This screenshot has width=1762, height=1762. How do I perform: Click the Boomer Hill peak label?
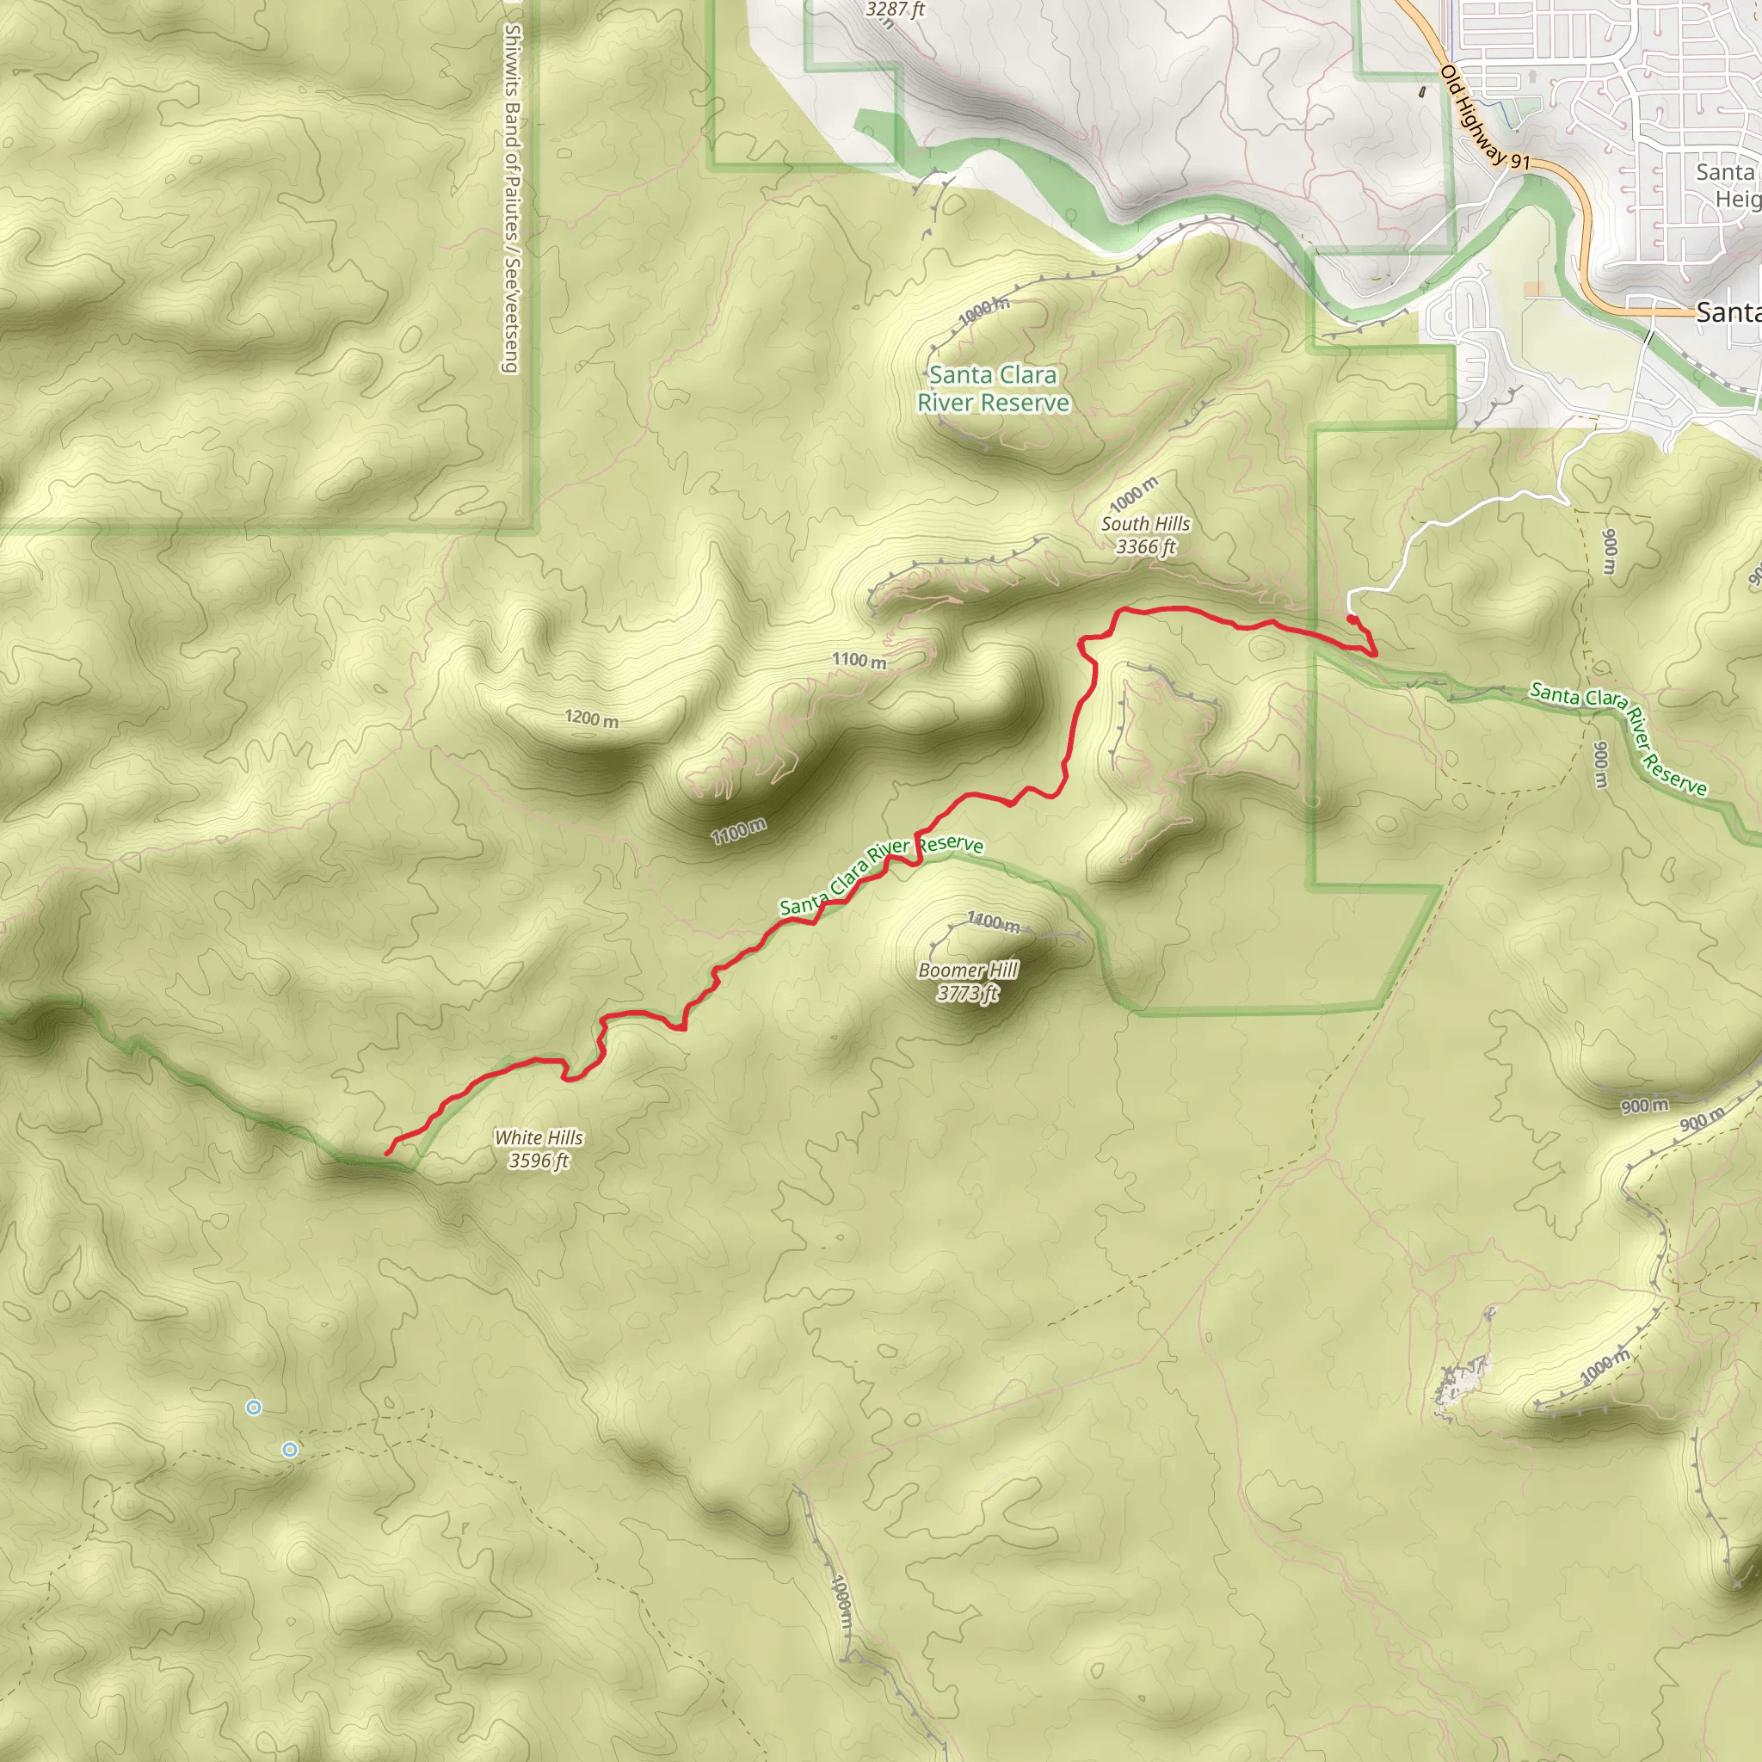click(968, 970)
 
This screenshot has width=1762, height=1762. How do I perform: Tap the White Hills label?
click(538, 1137)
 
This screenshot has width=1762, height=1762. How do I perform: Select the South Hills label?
click(1145, 523)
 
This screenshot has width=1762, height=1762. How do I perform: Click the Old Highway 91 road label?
click(1484, 117)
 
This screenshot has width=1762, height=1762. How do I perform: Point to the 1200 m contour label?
click(591, 718)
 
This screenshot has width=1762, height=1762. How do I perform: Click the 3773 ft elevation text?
click(968, 993)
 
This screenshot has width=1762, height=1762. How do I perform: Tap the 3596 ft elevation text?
click(538, 1161)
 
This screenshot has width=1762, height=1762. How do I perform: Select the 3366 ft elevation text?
click(1145, 546)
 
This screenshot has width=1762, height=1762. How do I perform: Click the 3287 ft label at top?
click(895, 10)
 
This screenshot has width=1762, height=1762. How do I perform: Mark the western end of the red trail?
click(388, 1154)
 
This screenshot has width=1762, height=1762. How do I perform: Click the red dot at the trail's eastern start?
click(1351, 619)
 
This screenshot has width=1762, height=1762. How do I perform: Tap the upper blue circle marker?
click(254, 1408)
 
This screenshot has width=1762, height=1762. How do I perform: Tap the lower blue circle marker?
click(289, 1449)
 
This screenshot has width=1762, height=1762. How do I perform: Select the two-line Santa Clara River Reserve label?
click(993, 389)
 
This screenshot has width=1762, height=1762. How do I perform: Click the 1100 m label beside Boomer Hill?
click(993, 923)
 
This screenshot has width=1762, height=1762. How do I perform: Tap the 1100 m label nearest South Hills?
click(858, 660)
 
